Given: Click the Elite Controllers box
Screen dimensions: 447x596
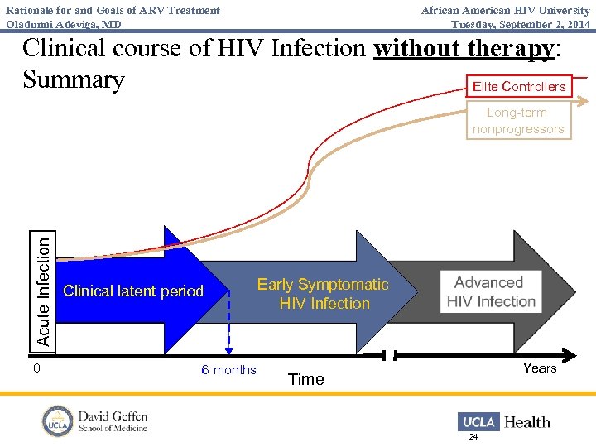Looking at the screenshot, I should [x=518, y=86].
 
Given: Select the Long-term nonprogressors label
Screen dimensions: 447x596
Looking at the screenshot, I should [x=518, y=121].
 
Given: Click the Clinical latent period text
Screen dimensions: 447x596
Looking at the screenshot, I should [x=133, y=291].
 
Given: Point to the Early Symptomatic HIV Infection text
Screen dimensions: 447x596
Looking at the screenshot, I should [x=323, y=294].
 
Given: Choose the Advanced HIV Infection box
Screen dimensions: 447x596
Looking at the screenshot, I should [x=489, y=292].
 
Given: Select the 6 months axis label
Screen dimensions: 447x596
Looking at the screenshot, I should [x=229, y=370].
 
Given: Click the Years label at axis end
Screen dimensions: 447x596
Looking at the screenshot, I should [x=540, y=368].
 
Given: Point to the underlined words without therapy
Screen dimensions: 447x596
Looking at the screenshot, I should [x=463, y=48].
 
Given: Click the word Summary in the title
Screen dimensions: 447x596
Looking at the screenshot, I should [x=74, y=80].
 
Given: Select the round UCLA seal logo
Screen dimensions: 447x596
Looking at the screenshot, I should [x=58, y=421].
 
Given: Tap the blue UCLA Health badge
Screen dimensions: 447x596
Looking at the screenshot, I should [x=478, y=421].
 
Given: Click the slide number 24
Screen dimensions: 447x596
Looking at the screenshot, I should [x=473, y=437].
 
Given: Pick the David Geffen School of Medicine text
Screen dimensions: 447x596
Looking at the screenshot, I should [x=113, y=421].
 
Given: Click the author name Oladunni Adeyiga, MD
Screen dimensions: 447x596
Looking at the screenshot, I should [x=64, y=24].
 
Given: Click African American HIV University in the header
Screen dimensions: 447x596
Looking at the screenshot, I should [x=505, y=10].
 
